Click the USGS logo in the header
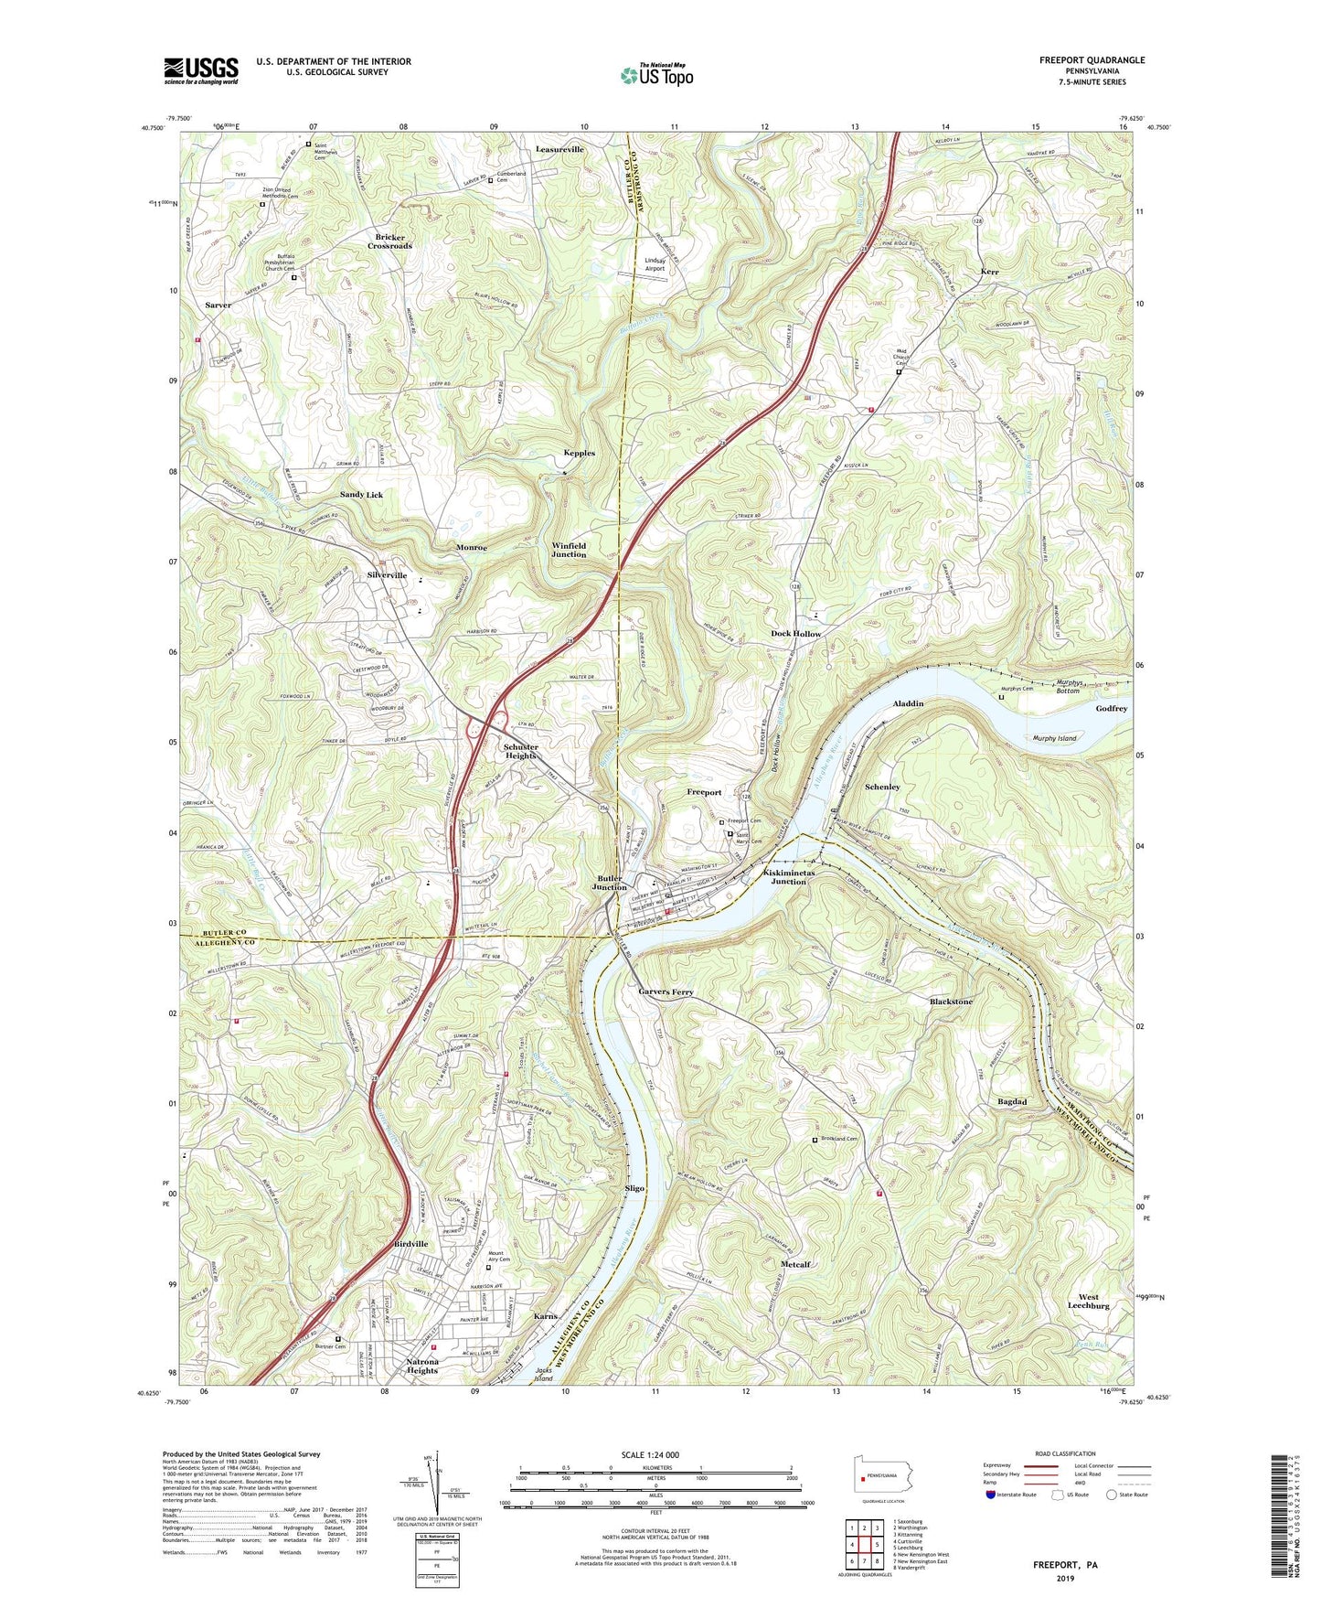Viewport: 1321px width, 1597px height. tap(201, 70)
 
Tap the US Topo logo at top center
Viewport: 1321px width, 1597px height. tap(656, 75)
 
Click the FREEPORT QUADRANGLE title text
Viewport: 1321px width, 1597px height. tap(1092, 60)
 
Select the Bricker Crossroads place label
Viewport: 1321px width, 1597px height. tap(390, 241)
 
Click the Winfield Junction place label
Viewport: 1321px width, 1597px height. tap(569, 550)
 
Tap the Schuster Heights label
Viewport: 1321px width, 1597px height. tap(521, 751)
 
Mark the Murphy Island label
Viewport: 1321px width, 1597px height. tap(1054, 737)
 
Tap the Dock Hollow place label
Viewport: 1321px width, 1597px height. tap(795, 633)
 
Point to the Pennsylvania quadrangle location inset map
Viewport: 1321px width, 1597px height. tap(883, 1477)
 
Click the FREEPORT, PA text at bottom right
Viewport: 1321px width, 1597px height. tap(1065, 1565)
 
